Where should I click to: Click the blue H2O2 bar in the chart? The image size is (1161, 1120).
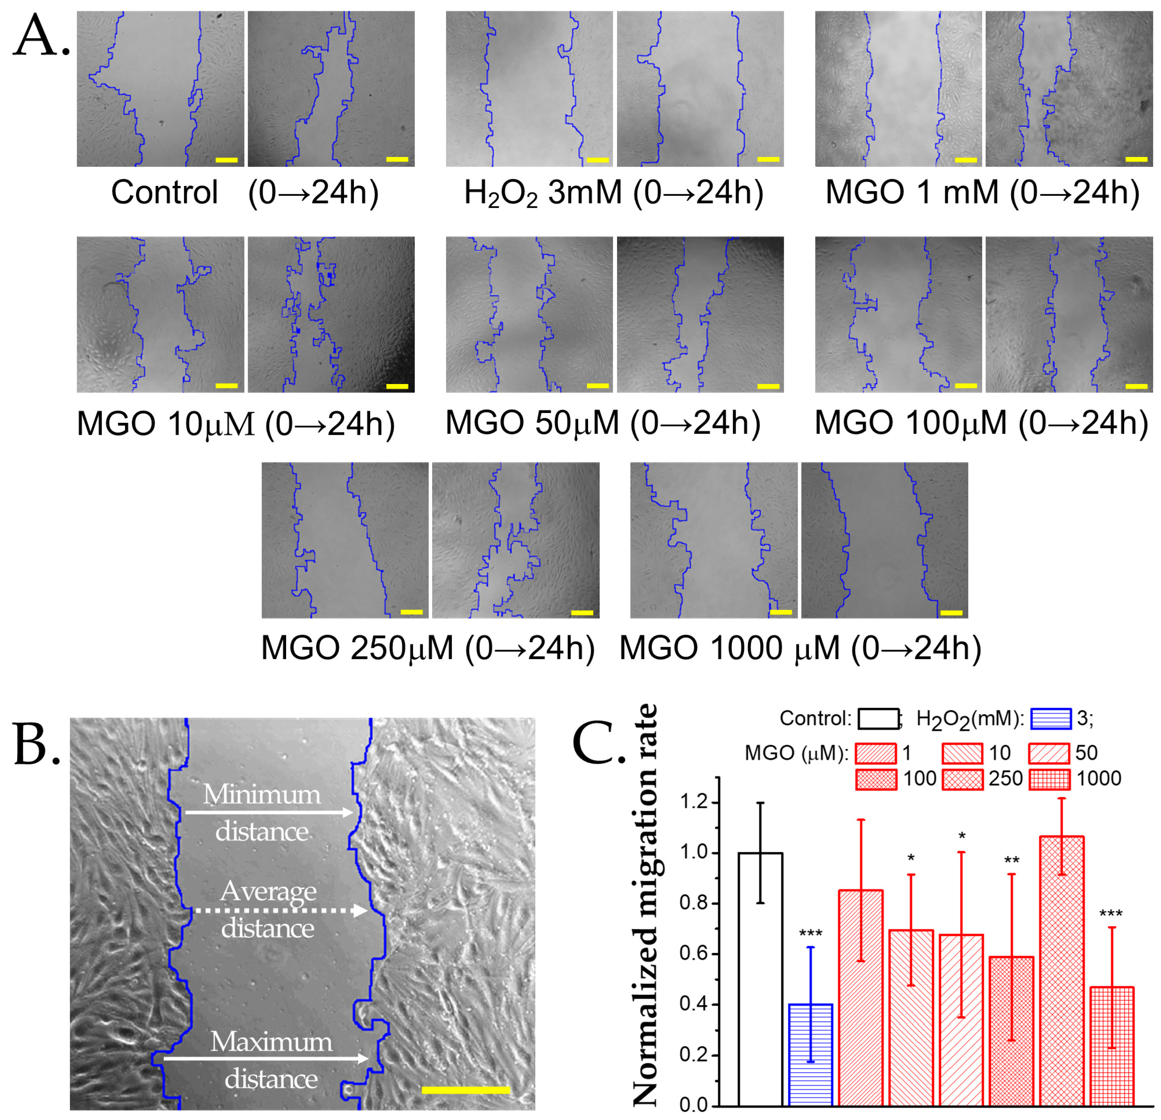coord(811,1054)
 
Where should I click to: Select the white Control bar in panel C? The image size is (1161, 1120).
coord(760,977)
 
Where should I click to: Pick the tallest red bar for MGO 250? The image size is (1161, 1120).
coord(1062,971)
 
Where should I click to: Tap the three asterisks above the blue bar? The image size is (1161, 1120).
coord(811,934)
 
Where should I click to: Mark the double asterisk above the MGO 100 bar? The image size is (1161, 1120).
coord(1011,860)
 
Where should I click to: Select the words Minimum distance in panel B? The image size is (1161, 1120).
coord(262,812)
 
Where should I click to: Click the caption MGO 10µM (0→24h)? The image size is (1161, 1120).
coord(236,424)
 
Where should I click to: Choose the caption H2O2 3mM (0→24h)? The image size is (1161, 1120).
coord(613,192)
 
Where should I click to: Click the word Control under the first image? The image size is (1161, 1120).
coord(164,192)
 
